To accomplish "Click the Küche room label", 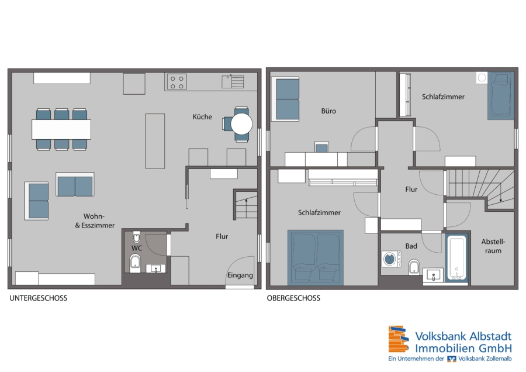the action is coord(202,117).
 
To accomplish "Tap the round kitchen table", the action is coord(241,124).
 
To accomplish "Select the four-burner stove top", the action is coord(177,82).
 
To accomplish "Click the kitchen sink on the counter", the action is coord(233,81).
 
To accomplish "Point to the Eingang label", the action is coord(240,275).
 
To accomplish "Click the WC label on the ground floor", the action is coord(137,248).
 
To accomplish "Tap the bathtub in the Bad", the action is coord(456,258).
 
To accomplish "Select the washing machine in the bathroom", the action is coord(392,259).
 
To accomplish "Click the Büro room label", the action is coord(328,111).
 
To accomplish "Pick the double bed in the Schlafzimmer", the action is coord(316,257).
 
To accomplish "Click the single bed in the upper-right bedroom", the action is coord(500,96).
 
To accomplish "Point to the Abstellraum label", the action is coord(493,246).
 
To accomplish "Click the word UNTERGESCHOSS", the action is coord(38,298).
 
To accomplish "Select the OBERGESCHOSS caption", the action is coord(293,298).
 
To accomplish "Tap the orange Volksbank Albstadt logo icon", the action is coord(399,339).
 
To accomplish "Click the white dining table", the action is coord(61,129).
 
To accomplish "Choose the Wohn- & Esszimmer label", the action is coord(95,221).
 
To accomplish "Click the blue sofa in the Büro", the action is coord(287,99).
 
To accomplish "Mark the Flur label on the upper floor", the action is coord(411,190).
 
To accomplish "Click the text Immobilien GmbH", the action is coord(463,348).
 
